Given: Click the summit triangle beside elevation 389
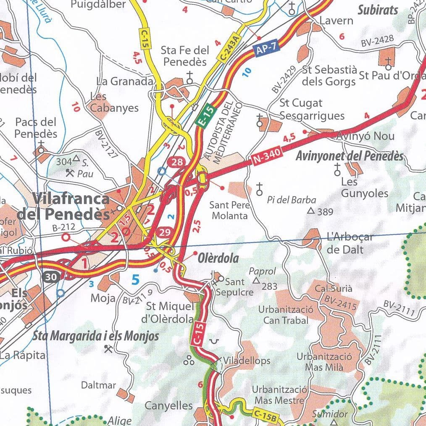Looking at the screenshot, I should pos(311,211).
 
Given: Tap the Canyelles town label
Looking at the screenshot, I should pos(168,406).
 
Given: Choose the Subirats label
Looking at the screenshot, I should pos(378,10).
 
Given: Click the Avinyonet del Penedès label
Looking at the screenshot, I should pos(349,156).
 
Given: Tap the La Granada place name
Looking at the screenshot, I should pos(124,81).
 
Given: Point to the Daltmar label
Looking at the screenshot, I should pos(98,385).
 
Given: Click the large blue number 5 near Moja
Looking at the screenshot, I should pos(135,279).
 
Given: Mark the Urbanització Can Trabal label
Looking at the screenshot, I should pos(286,315).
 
